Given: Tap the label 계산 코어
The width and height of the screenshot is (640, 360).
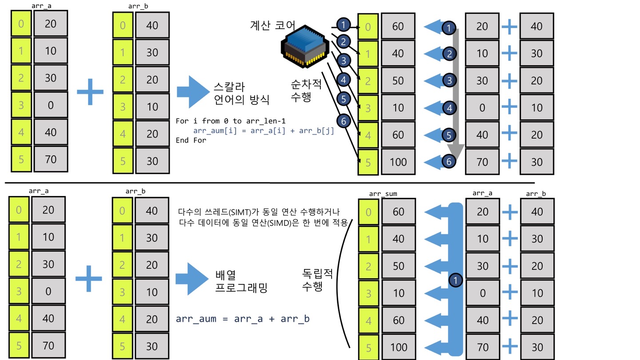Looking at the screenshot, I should click(272, 25).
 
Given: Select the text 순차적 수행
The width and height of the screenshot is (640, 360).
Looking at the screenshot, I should click(305, 91).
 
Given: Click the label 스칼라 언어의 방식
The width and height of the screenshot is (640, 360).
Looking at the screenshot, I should click(242, 93).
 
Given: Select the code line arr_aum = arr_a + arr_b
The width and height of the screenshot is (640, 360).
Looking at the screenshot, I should click(243, 319).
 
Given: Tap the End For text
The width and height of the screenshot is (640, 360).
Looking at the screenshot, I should click(191, 140).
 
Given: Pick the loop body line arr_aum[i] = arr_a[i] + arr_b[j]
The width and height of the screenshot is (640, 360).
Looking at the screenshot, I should click(264, 131).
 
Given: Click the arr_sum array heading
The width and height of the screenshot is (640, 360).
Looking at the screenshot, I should click(383, 194).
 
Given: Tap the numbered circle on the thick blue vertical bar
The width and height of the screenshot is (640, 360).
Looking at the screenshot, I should click(456, 280).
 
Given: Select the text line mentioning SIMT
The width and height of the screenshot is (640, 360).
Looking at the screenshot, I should click(259, 212).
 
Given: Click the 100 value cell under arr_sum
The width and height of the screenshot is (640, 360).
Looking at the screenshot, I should click(398, 347).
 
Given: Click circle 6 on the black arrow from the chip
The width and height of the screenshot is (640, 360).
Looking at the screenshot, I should click(344, 120).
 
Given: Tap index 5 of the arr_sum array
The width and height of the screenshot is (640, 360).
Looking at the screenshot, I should click(368, 347).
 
